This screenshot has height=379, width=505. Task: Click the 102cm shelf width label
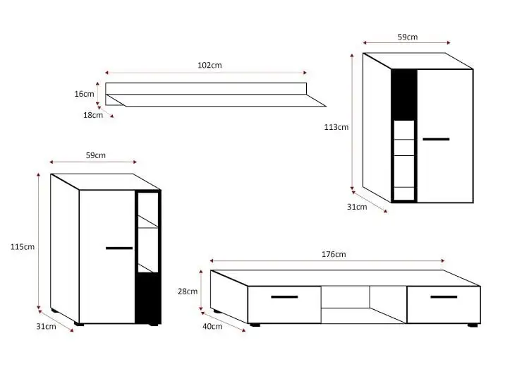coord(209,65)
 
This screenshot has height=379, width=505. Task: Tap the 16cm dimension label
coord(84,94)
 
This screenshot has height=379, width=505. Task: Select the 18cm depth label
coord(93,115)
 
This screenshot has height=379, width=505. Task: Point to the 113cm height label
coord(336,127)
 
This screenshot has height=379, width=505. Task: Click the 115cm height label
coord(23,247)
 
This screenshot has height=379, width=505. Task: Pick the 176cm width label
coord(334,254)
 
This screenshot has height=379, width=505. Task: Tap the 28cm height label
coord(188,291)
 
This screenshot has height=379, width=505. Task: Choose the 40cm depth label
coord(212,327)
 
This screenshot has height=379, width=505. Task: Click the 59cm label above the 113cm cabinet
coord(408,37)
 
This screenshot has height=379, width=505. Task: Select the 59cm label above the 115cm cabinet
coord(96,155)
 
